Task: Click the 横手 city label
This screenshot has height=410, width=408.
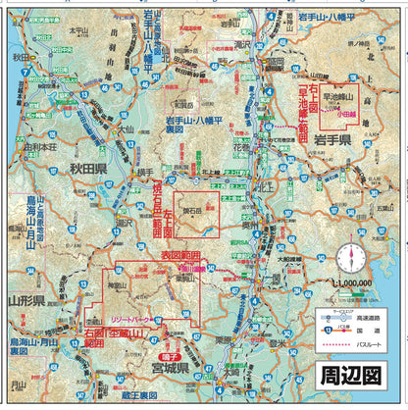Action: coord(146,173)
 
